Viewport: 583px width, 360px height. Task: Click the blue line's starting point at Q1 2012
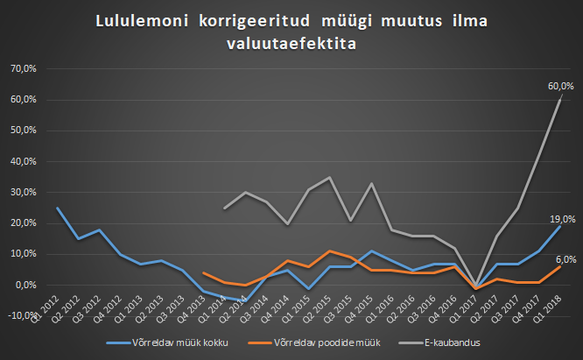click(x=57, y=208)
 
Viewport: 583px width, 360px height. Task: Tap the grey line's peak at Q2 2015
click(x=329, y=177)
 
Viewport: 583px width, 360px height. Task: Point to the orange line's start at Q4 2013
click(x=203, y=272)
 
